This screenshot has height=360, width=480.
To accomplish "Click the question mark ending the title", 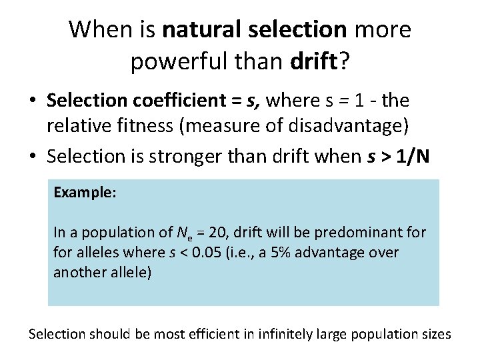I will coord(344,62).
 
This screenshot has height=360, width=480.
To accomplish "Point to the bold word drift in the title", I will coord(314,62).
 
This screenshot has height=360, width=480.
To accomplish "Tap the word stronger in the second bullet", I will coord(197,157).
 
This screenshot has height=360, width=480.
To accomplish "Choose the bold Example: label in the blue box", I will coord(85,193).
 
